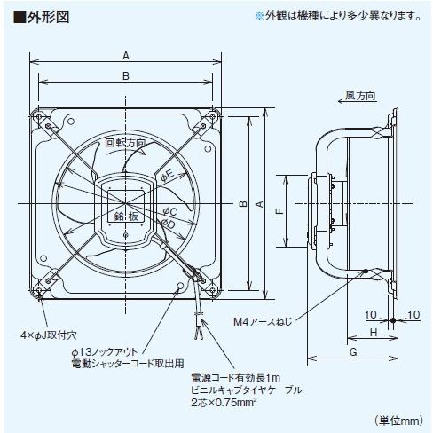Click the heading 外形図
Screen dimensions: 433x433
coord(42,16)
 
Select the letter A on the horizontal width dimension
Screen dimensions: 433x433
coord(127,54)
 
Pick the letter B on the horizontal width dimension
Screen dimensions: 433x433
coord(127,77)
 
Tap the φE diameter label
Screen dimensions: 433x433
coord(169,178)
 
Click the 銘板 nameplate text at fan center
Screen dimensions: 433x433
coord(124,216)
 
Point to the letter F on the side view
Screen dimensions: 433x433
coord(279,212)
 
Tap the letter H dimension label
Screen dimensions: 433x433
coord(373,331)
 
